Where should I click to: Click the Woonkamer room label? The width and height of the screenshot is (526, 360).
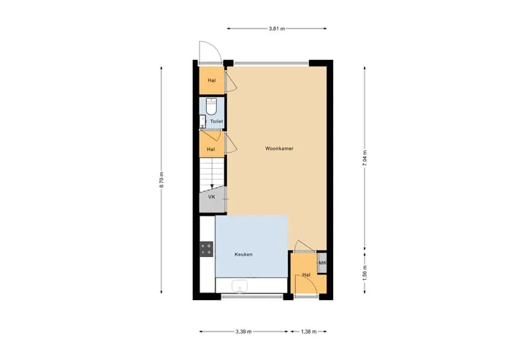279,148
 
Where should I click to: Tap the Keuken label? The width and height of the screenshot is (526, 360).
243,254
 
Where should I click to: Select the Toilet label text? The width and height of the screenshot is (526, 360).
217,121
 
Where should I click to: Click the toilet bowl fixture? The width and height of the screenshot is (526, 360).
211,107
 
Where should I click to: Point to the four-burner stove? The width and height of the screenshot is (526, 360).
206,249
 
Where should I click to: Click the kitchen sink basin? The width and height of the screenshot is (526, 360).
240,286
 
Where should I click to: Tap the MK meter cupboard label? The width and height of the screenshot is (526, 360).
322,263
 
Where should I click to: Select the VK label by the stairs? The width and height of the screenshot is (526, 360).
211,197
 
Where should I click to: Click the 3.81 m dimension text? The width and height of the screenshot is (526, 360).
277,28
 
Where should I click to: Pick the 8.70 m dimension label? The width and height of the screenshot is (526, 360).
161,180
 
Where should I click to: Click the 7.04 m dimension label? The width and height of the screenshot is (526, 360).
365,158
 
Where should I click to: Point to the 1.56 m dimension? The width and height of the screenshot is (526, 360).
365,273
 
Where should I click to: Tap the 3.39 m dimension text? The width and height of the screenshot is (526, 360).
243,332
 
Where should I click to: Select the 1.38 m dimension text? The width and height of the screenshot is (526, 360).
308,332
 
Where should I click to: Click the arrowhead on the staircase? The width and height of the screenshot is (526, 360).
212,186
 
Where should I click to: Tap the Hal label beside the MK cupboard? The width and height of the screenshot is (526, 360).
306,275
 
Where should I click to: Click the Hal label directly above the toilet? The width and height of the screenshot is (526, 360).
212,80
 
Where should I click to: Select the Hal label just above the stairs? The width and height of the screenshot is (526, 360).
210,149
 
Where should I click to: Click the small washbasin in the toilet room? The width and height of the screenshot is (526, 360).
202,121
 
